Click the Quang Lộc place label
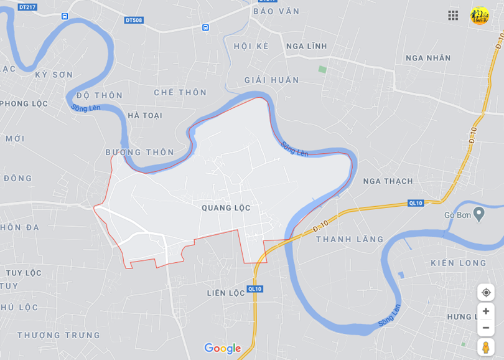(226, 208)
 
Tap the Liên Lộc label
(226, 293)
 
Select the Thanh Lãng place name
(350, 239)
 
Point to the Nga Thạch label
(388, 181)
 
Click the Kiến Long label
(459, 263)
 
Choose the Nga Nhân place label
(428, 58)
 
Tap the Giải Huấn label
(271, 80)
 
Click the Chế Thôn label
(180, 92)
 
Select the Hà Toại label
(144, 115)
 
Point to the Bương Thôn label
(139, 152)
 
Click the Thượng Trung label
(58, 335)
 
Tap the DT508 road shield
(134, 20)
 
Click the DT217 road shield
(27, 7)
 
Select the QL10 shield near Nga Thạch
(416, 203)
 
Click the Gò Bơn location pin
(478, 214)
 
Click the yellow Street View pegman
(485, 347)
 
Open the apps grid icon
(453, 15)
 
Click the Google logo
(222, 348)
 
